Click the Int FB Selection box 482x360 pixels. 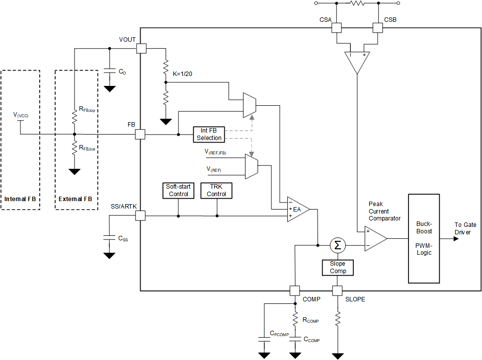pos(209,134)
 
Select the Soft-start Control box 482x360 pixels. pos(178,191)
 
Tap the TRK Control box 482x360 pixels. pos(217,191)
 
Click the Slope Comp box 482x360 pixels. pos(338,268)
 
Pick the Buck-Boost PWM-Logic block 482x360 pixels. pos(424,238)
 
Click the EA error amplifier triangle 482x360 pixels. pos(297,209)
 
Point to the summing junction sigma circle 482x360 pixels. pos(338,245)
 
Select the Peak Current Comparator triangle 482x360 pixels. pos(375,238)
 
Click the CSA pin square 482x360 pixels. pos(336,28)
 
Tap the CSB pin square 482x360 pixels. pos(378,28)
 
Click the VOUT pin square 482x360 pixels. pos(141,48)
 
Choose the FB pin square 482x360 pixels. pos(141,135)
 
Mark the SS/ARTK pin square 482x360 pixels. pos(141,216)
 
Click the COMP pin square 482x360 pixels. pos(295,290)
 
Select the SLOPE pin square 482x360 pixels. pos(338,290)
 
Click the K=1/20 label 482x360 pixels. pos(182,73)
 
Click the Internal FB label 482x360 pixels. pos(20,199)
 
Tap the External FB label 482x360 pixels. pos(75,199)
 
